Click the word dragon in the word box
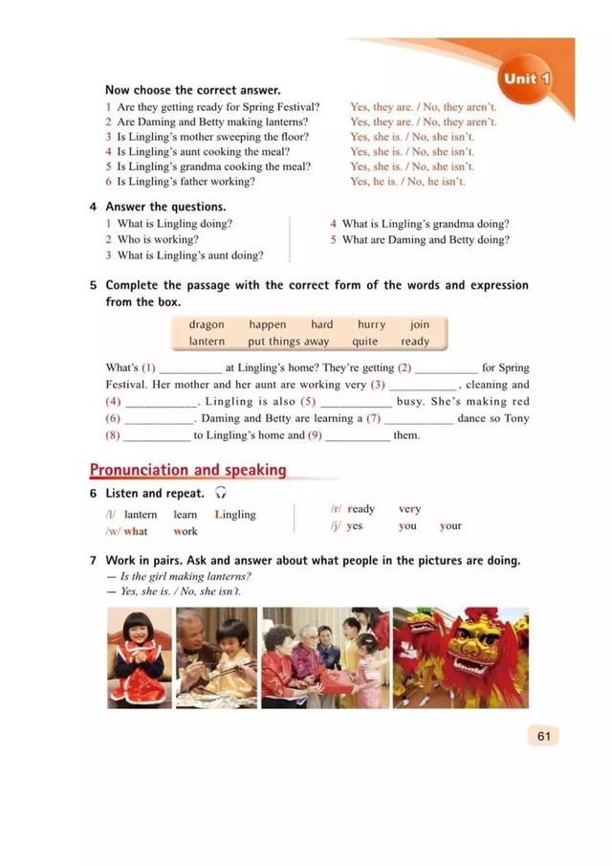click(207, 324)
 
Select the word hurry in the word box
click(371, 324)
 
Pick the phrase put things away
click(288, 342)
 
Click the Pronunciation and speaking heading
click(187, 470)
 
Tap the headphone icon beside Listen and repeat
click(221, 494)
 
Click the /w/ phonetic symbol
click(112, 531)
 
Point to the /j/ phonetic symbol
click(335, 526)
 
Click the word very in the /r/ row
click(409, 509)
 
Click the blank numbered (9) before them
click(357, 436)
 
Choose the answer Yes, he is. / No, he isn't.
click(407, 182)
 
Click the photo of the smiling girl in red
click(140, 657)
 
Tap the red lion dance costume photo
click(460, 657)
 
